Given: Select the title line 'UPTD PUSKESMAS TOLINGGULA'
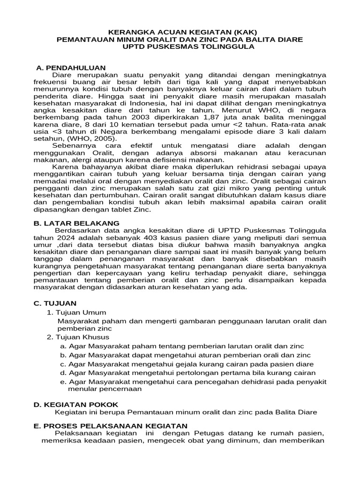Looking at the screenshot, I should tap(180, 47).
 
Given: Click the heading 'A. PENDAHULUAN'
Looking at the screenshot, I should tap(71, 67).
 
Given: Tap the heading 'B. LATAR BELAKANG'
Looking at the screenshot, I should tap(76, 223).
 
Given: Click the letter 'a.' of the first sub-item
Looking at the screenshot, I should tap(63, 346).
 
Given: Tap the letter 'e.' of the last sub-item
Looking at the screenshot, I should tap(63, 382).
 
